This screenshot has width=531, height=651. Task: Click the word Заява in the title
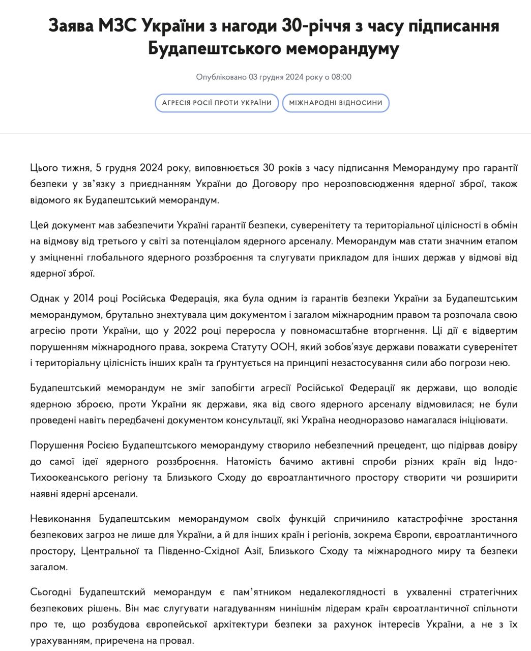point(68,25)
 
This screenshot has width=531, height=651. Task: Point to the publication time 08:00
point(341,77)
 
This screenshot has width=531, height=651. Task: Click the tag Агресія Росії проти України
point(217,103)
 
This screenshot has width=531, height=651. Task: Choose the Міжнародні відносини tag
point(336,103)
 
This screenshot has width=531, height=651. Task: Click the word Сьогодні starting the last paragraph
point(50,592)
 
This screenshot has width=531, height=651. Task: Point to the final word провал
point(179,640)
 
